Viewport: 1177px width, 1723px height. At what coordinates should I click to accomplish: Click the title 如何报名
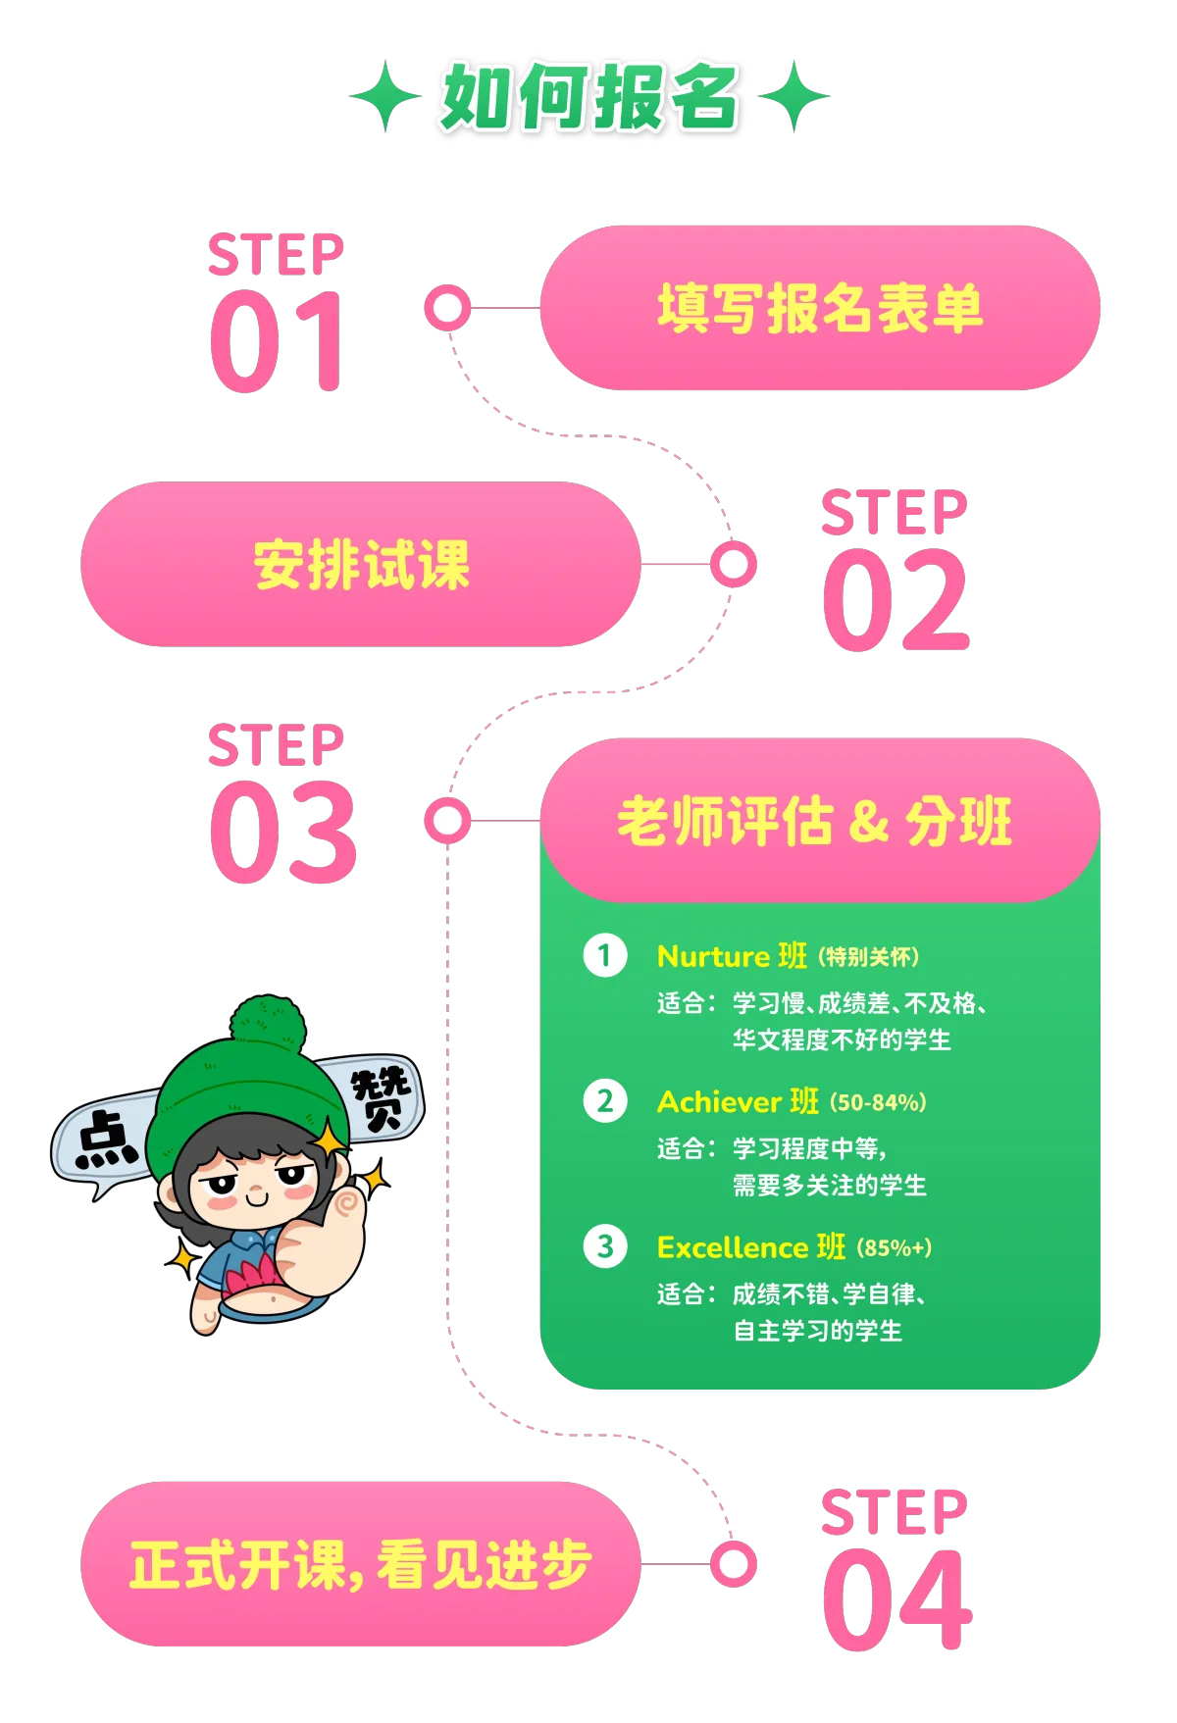588,97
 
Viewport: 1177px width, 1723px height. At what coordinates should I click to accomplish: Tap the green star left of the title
386,96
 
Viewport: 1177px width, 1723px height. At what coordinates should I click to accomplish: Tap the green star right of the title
794,96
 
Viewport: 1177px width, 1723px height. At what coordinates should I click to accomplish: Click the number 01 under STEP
279,342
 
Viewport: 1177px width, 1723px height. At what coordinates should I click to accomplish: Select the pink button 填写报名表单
819,309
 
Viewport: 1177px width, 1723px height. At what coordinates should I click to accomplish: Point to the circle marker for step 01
447,309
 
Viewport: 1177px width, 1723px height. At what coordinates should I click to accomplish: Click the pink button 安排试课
361,564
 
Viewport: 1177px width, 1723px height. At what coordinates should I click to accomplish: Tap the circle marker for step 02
733,564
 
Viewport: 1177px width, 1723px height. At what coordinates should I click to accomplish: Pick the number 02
896,600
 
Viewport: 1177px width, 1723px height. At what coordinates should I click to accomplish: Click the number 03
282,833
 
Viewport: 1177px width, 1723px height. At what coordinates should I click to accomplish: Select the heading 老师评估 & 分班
814,821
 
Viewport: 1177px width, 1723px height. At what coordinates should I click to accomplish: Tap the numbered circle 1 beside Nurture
604,955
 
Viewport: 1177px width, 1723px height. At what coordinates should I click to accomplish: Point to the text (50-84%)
878,1102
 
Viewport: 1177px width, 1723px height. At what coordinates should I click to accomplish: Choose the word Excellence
732,1247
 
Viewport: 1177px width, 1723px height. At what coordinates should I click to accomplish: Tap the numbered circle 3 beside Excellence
604,1246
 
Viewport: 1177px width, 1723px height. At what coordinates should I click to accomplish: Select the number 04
896,1600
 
